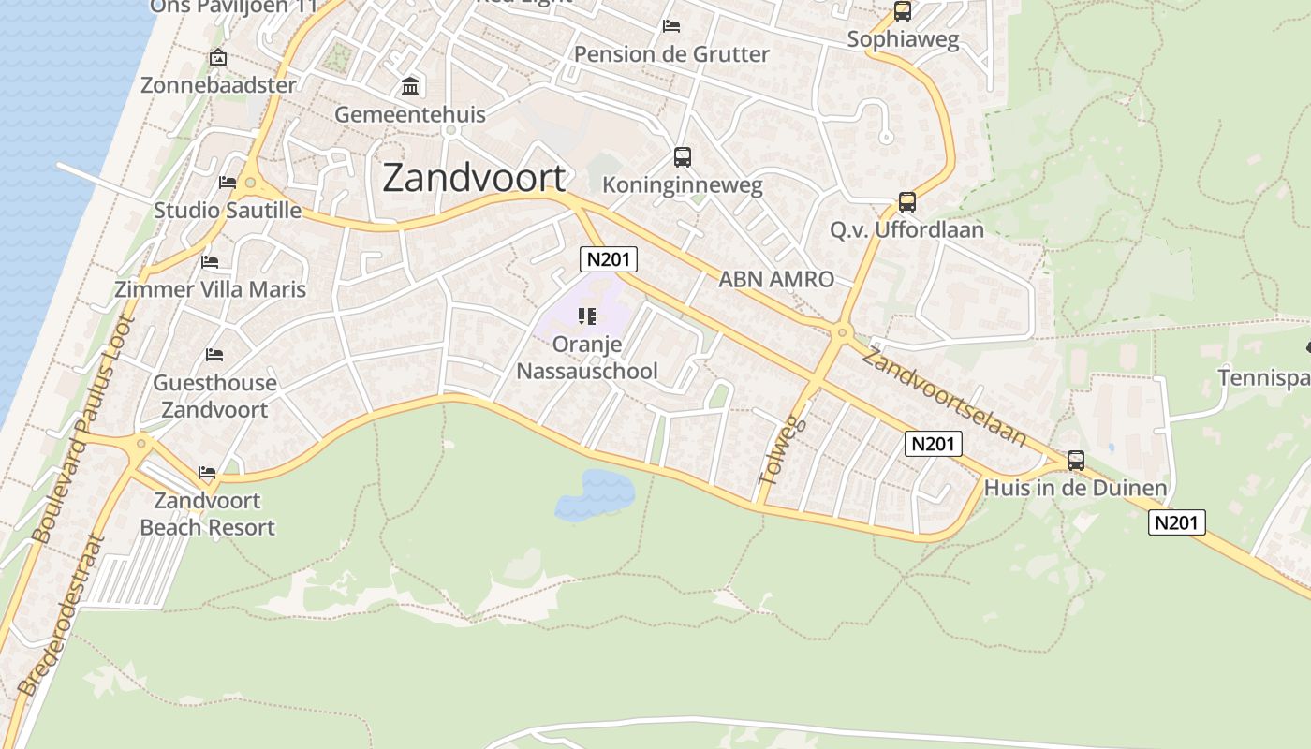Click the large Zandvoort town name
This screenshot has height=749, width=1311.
pyautogui.click(x=475, y=178)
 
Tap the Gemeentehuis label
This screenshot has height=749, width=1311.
pyautogui.click(x=410, y=115)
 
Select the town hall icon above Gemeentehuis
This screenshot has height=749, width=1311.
pyautogui.click(x=410, y=88)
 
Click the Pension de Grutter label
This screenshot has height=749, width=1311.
pyautogui.click(x=671, y=54)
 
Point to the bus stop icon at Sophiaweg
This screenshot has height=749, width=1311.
pyautogui.click(x=902, y=11)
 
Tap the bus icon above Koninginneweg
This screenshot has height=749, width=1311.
pyautogui.click(x=683, y=157)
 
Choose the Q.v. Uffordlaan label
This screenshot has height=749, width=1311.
pyautogui.click(x=906, y=229)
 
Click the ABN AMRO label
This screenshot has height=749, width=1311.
pyautogui.click(x=775, y=279)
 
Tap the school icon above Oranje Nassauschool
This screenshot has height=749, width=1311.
pyautogui.click(x=587, y=316)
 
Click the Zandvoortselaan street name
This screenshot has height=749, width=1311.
pyautogui.click(x=944, y=397)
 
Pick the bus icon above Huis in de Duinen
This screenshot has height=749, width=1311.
pyautogui.click(x=1076, y=461)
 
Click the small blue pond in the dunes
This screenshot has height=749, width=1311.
pyautogui.click(x=595, y=494)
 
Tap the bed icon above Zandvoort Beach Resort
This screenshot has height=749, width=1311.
pyautogui.click(x=207, y=473)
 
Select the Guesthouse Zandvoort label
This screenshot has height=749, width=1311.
pyautogui.click(x=214, y=396)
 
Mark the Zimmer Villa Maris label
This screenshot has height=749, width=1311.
pyautogui.click(x=210, y=289)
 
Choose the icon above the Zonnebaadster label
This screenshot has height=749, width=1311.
pyautogui.click(x=218, y=58)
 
